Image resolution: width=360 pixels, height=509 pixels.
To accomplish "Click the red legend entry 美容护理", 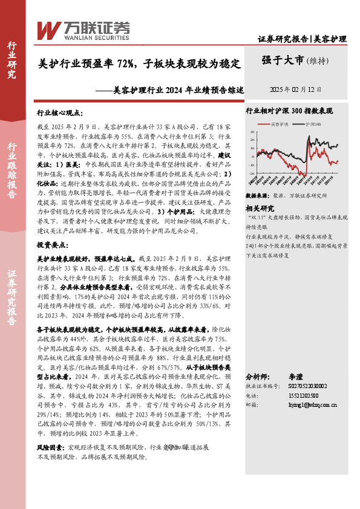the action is pos(280,124).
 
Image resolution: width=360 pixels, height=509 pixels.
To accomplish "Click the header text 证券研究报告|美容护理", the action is pos(302,39).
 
